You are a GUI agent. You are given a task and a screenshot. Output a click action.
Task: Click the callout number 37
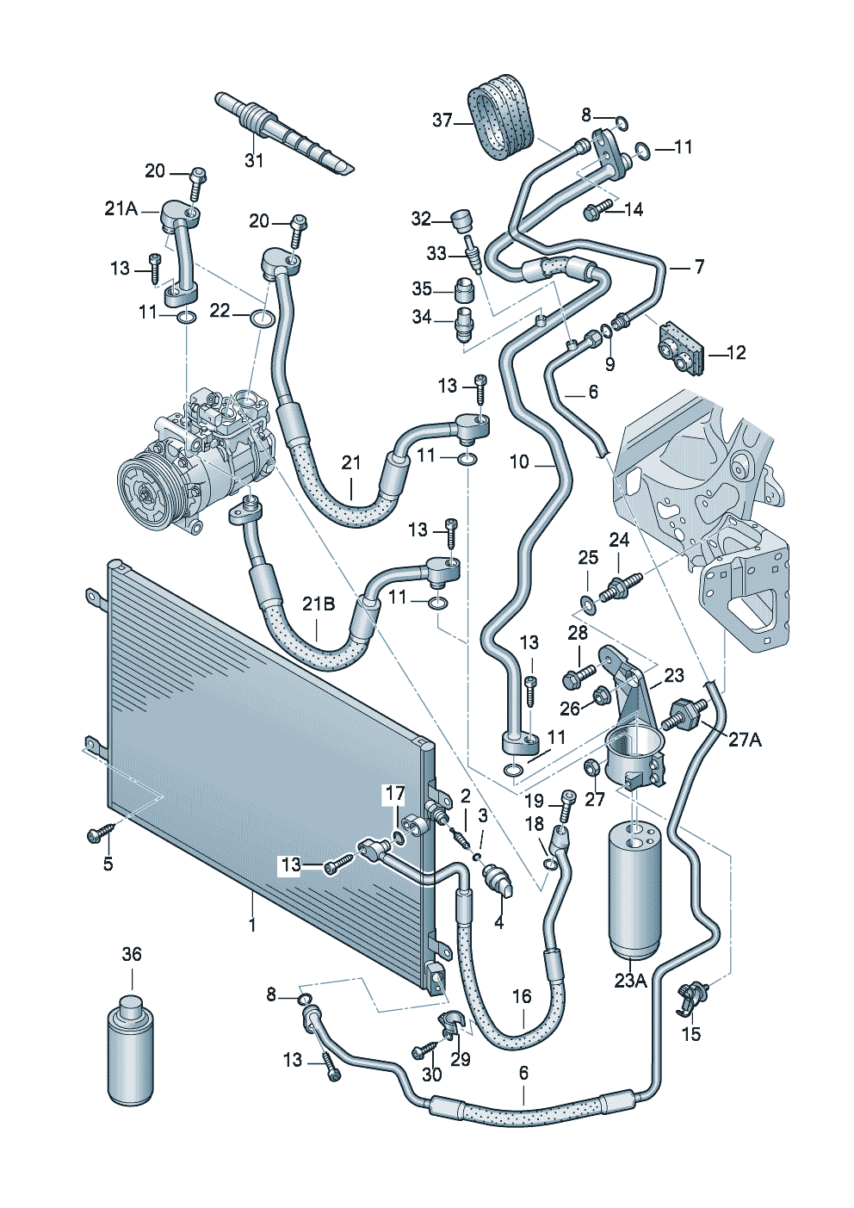(442, 121)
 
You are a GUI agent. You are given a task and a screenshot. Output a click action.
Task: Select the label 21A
(121, 208)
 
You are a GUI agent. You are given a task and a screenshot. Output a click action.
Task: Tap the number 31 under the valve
(254, 160)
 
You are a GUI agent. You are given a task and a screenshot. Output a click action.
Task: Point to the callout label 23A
(630, 980)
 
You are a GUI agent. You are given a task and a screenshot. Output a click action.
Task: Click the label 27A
(745, 739)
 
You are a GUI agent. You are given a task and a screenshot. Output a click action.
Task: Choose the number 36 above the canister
(132, 954)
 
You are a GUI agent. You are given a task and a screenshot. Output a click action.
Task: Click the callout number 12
(736, 352)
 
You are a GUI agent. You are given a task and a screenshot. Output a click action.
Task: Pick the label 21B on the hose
(318, 604)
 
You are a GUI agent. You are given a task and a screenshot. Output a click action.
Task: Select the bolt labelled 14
(597, 209)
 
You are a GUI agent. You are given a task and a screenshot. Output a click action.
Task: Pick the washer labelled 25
(588, 603)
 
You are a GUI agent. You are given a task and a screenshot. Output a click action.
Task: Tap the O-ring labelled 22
(263, 320)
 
